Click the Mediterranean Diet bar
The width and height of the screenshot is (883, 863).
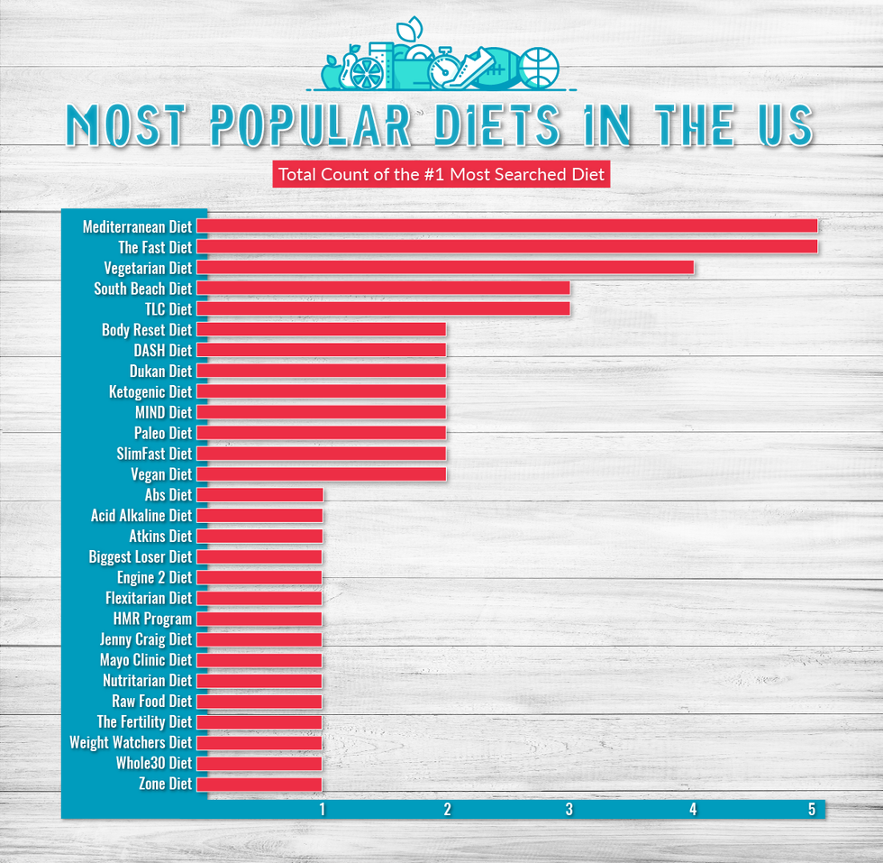tap(506, 226)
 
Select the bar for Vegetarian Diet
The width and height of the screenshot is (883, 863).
tap(445, 268)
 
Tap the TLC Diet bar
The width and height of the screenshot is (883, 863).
tap(383, 309)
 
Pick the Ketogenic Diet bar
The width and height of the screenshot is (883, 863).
tap(321, 391)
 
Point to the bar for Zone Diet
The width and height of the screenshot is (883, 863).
tap(259, 785)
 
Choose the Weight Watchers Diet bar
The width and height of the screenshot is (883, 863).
tap(259, 743)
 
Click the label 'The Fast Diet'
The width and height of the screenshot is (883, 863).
tap(155, 247)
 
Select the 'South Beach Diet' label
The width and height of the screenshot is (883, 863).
tap(142, 289)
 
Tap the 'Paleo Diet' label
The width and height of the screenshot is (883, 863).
tap(163, 433)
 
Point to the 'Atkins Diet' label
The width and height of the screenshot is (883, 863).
tap(160, 537)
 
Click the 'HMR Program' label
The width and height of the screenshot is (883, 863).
tap(152, 620)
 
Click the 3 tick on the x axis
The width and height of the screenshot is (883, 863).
tap(569, 810)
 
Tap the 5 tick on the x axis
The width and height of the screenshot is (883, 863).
tap(812, 810)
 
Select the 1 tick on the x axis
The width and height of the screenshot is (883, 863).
tap(322, 810)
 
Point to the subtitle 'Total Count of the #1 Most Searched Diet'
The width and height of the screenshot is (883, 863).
tap(441, 174)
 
